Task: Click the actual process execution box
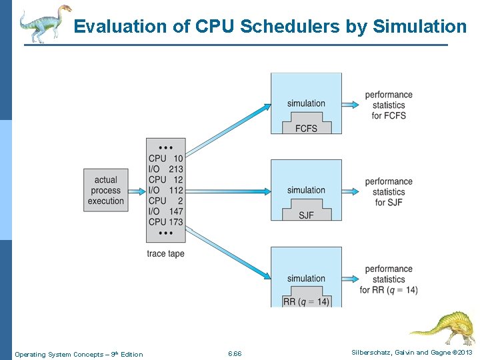coord(105,190)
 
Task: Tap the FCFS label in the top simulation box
coord(306,128)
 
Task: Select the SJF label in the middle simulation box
coord(306,215)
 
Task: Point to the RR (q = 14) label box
coord(306,301)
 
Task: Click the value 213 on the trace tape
coord(175,169)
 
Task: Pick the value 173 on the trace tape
coord(175,221)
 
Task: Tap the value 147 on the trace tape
coord(175,211)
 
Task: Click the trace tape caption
coord(165,253)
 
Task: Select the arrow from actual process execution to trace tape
coord(137,191)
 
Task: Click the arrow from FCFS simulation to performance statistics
coord(351,104)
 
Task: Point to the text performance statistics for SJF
coord(389,191)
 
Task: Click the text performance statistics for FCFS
coord(389,105)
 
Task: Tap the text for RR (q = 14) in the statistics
coord(389,290)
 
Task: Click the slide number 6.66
coord(235,353)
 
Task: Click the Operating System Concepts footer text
coord(79,354)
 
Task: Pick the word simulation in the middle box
coord(306,190)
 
